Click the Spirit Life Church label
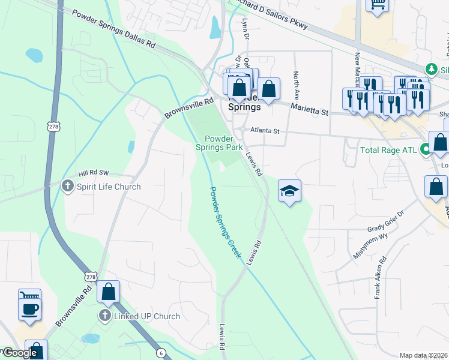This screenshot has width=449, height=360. pyautogui.click(x=108, y=187)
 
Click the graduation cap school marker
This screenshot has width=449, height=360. pyautogui.click(x=289, y=191)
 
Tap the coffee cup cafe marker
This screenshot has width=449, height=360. pyautogui.click(x=29, y=308)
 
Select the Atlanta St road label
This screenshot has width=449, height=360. pyautogui.click(x=265, y=131)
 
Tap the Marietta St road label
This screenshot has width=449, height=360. pyautogui.click(x=310, y=109)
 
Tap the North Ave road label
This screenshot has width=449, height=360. pyautogui.click(x=296, y=85)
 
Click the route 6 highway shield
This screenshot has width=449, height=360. pyautogui.click(x=161, y=353)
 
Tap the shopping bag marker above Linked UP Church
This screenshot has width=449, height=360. pyautogui.click(x=109, y=292)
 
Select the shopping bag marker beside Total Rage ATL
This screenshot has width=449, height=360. pyautogui.click(x=440, y=143)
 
